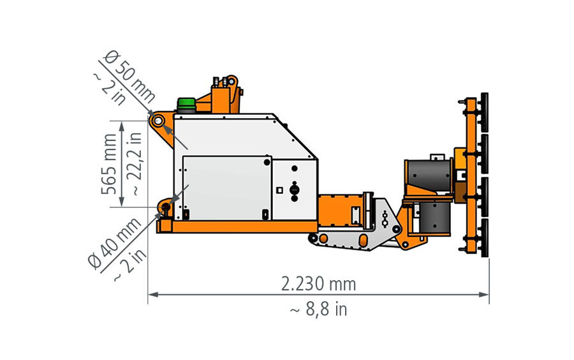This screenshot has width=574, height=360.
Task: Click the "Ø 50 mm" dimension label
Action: point(129,77)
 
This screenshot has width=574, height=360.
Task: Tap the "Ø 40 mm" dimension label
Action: point(115,244)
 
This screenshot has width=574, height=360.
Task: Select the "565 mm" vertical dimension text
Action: point(109,163)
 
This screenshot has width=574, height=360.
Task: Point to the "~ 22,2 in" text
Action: point(135,163)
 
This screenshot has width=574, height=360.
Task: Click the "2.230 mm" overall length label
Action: point(318,284)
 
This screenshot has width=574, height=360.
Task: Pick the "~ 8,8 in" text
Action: point(318,310)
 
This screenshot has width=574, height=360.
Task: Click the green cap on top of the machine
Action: point(186,105)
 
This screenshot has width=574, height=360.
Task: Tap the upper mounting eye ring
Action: point(159,121)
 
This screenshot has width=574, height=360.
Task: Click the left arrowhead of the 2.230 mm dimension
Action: point(152,294)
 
